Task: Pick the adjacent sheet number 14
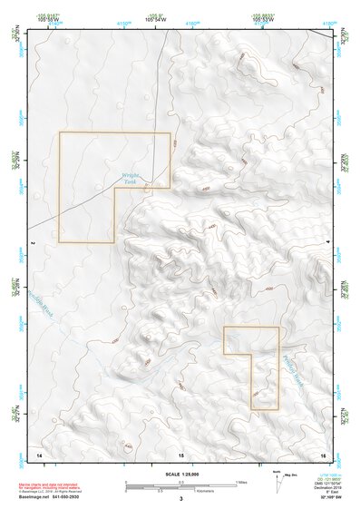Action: (x=38, y=452)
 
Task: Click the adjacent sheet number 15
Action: (x=180, y=452)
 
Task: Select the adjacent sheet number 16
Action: (x=323, y=452)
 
